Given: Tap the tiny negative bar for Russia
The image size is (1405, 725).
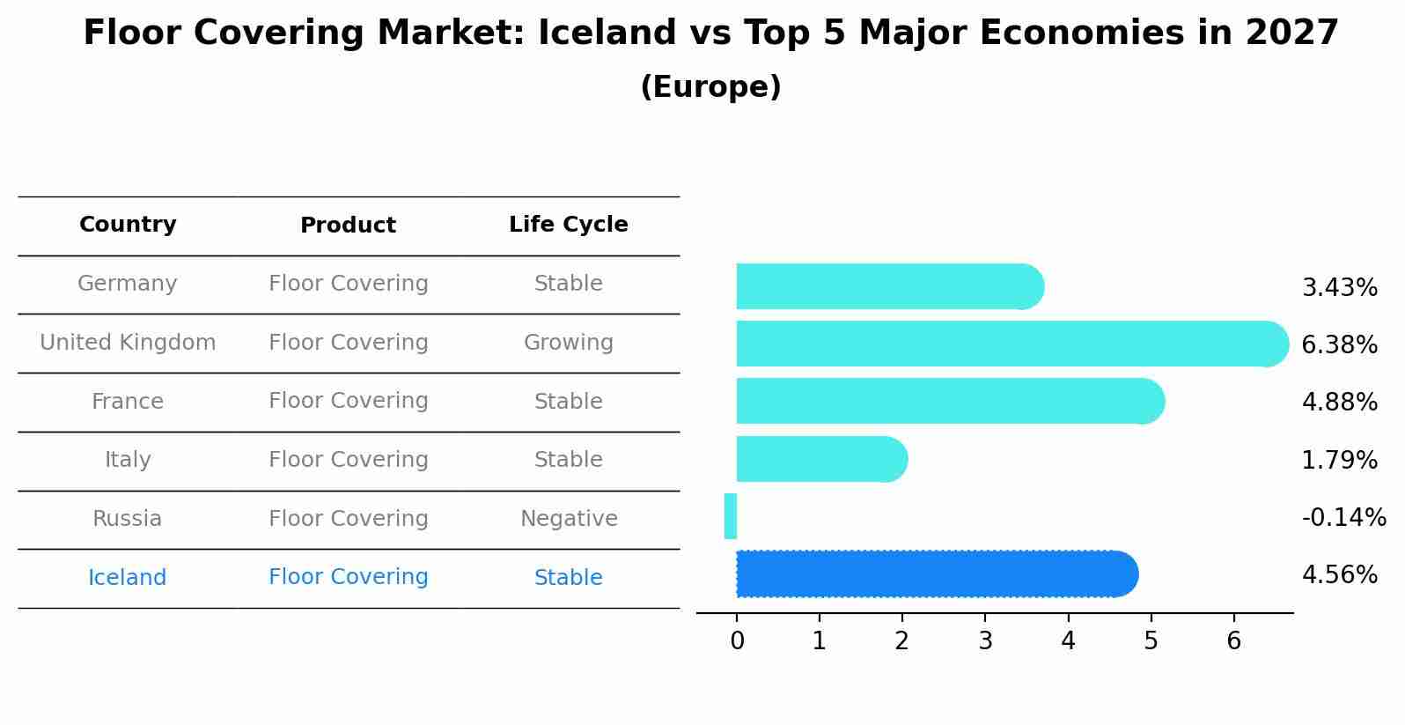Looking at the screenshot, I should (x=731, y=516).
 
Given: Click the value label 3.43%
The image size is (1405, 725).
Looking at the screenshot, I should (x=1339, y=288).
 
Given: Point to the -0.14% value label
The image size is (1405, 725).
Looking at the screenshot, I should (x=1343, y=517).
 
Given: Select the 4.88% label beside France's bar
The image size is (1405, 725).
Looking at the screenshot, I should (x=1339, y=403).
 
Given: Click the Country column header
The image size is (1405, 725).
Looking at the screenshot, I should (x=128, y=225).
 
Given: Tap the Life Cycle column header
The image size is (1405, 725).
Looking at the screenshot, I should (x=568, y=225).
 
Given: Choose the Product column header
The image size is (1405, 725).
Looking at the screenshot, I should (x=348, y=226).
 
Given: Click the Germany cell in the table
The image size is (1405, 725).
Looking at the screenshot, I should (x=128, y=284).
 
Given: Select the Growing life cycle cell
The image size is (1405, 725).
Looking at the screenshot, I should (x=568, y=343).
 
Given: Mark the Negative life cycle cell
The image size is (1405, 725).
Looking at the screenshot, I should (x=568, y=519).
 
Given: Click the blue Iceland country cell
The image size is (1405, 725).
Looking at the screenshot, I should (x=128, y=578).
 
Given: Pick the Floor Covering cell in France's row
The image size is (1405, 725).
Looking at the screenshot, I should (x=348, y=401).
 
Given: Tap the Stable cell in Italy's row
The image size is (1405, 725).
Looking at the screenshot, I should (x=568, y=460).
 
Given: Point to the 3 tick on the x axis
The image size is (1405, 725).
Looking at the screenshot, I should (x=985, y=641).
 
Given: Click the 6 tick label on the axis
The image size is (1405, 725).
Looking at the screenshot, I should (x=1233, y=641).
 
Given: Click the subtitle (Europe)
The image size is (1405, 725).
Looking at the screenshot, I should (x=710, y=87).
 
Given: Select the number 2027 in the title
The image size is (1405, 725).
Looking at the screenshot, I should (x=1291, y=33).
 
